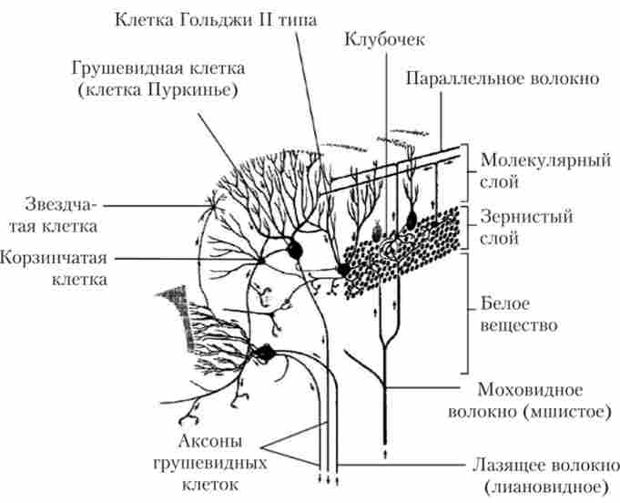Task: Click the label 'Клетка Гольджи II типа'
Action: (x=216, y=20)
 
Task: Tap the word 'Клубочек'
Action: (x=385, y=39)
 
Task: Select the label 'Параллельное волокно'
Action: (x=503, y=78)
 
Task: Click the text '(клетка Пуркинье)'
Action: (x=158, y=90)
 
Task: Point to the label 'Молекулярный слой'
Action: (x=545, y=171)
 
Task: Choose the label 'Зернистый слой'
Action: (x=526, y=227)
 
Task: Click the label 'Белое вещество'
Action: (x=519, y=314)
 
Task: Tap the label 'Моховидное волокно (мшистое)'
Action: (x=530, y=401)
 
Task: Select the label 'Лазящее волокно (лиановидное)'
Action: (x=546, y=476)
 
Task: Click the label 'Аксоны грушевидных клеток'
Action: (x=210, y=463)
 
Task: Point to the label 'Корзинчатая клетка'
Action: (x=54, y=269)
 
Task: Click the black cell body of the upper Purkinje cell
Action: (x=295, y=250)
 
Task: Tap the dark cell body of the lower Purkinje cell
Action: (x=265, y=353)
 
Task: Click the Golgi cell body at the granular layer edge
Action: (x=343, y=270)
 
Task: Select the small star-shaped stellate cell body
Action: (x=214, y=205)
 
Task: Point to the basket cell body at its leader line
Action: (x=261, y=260)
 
